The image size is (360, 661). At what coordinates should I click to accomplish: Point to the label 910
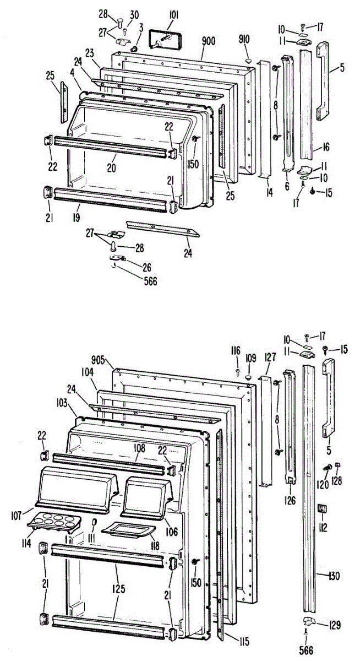[x=244, y=39]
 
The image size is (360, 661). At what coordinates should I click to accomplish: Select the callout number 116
[x=236, y=350]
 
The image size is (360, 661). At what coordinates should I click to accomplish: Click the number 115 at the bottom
[x=243, y=641]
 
